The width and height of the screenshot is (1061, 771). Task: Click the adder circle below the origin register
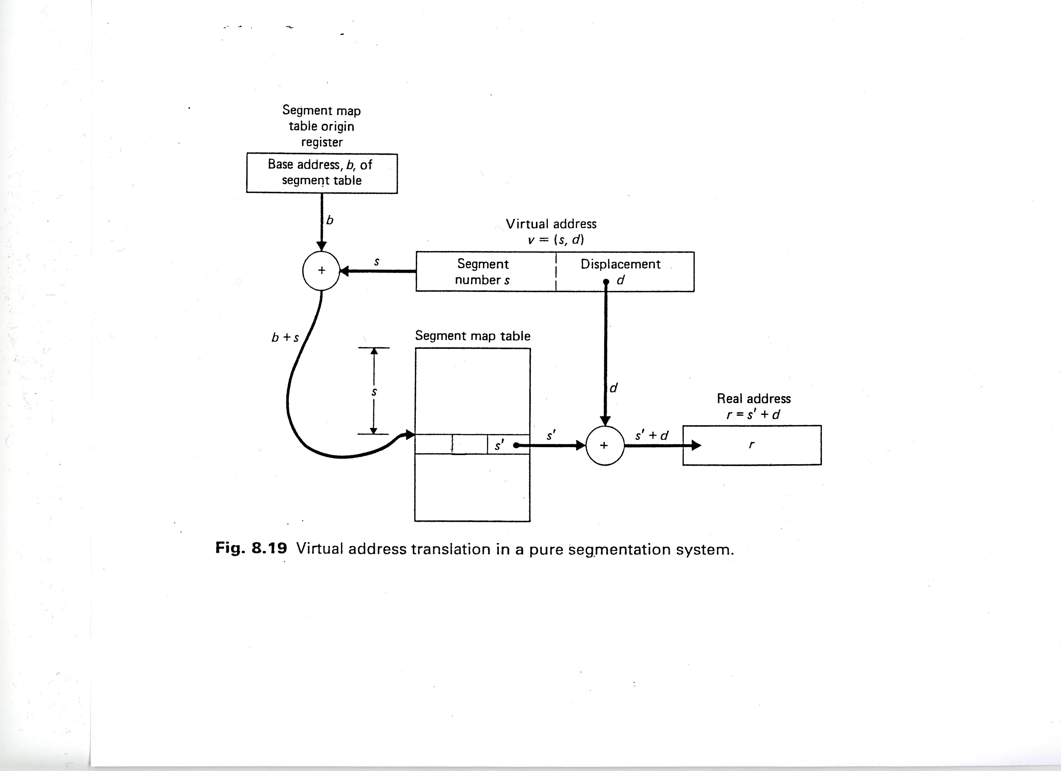(x=322, y=271)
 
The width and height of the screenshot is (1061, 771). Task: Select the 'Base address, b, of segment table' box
(x=322, y=173)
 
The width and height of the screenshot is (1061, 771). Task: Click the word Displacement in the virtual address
(x=620, y=264)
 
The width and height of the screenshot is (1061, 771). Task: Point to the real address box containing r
(x=752, y=445)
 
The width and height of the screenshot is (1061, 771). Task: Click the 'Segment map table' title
(x=472, y=336)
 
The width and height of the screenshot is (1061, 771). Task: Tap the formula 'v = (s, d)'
(x=555, y=240)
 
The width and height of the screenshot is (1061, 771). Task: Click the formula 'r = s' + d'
(x=753, y=414)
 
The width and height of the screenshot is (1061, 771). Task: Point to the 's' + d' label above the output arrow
(x=652, y=435)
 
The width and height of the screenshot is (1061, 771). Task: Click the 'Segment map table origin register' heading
(x=322, y=126)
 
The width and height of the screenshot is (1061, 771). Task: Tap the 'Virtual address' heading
(x=551, y=224)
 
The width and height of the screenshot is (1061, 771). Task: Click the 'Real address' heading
(x=754, y=398)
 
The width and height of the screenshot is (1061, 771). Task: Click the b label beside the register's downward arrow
(x=330, y=220)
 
